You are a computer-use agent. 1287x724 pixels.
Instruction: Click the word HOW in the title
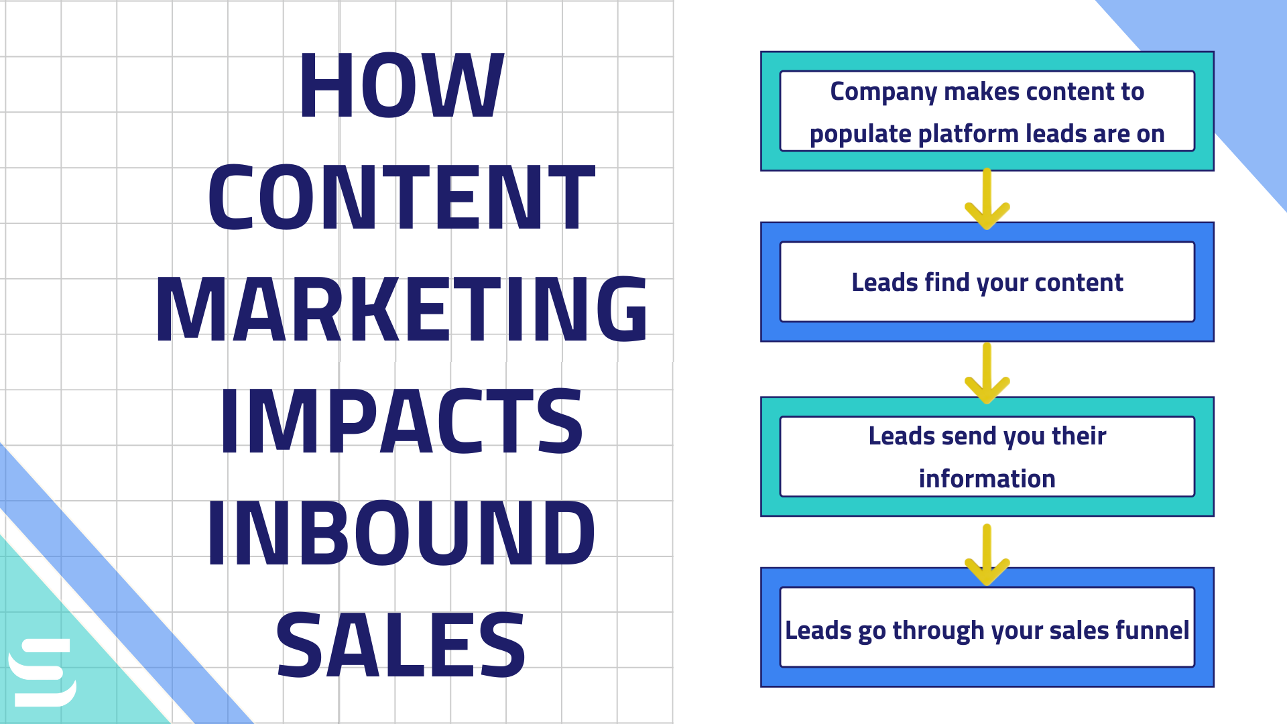point(401,86)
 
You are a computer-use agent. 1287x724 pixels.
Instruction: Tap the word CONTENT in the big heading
point(401,198)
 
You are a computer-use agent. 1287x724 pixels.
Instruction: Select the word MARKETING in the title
point(401,309)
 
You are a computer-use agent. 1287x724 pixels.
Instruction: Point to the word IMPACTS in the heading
point(401,421)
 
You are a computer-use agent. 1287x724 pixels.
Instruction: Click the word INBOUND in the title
point(401,532)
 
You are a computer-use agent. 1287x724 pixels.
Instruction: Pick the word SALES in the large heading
point(401,644)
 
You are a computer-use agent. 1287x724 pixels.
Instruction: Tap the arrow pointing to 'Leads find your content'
point(987,199)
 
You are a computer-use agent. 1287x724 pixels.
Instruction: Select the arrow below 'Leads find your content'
point(987,373)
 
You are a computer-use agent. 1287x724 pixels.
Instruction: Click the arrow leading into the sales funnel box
point(987,555)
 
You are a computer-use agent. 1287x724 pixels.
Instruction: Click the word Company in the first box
point(883,92)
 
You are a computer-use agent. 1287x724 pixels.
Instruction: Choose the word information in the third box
point(987,479)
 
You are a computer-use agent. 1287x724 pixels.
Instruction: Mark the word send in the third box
point(968,436)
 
